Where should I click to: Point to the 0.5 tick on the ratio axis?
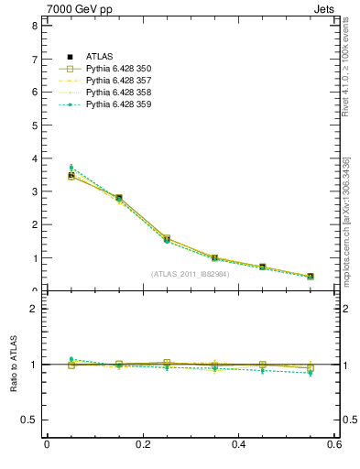[x=29, y=420]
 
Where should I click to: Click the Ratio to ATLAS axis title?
[x=14, y=365]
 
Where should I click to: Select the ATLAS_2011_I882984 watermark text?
[x=191, y=274]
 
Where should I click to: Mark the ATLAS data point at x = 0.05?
[x=71, y=175]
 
